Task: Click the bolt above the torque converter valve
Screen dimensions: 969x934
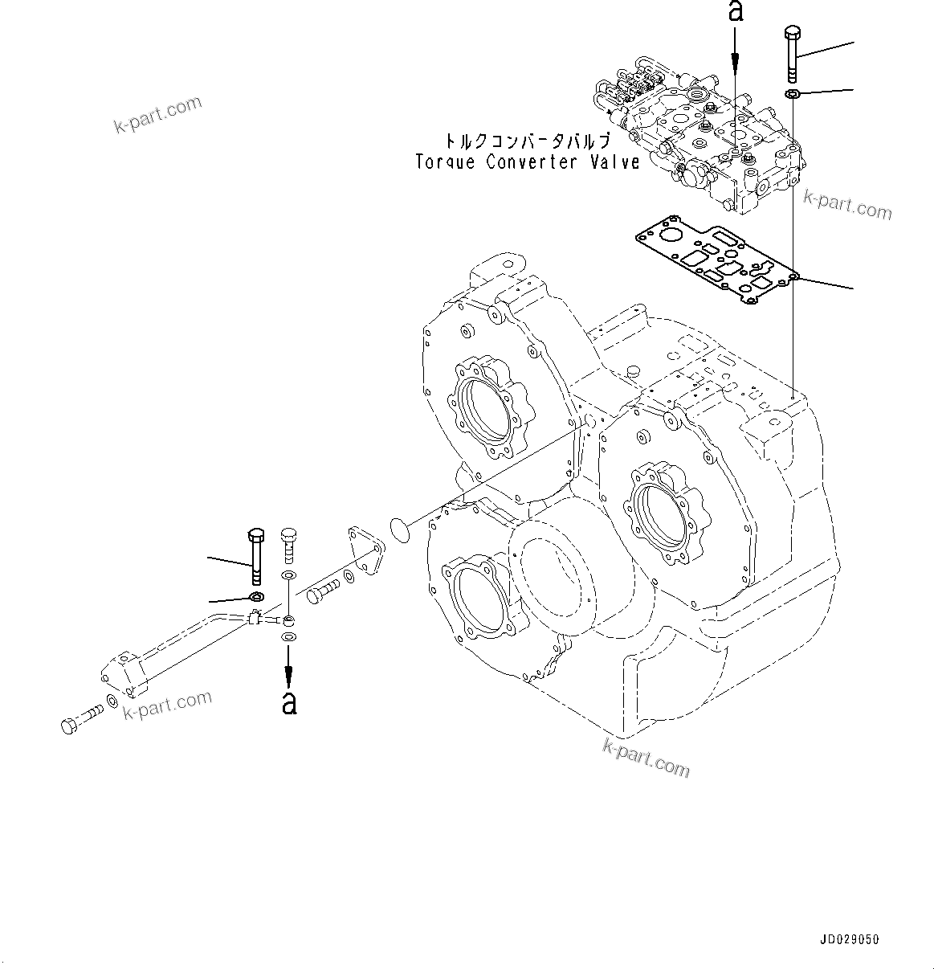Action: point(791,53)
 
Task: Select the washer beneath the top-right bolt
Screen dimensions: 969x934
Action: point(791,95)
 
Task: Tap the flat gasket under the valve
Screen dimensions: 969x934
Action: point(715,266)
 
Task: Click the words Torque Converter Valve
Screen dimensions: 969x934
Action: point(527,161)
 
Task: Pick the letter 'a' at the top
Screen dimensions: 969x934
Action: point(735,11)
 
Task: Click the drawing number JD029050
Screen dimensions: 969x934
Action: point(850,939)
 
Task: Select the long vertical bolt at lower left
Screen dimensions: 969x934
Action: point(256,555)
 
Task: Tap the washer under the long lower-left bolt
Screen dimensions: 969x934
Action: point(257,596)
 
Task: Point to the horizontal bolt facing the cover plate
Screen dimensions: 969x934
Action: point(322,593)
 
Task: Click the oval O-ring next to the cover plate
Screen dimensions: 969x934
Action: point(399,529)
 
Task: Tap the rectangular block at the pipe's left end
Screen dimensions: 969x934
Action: point(126,668)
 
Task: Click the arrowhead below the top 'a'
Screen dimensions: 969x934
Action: point(735,72)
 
